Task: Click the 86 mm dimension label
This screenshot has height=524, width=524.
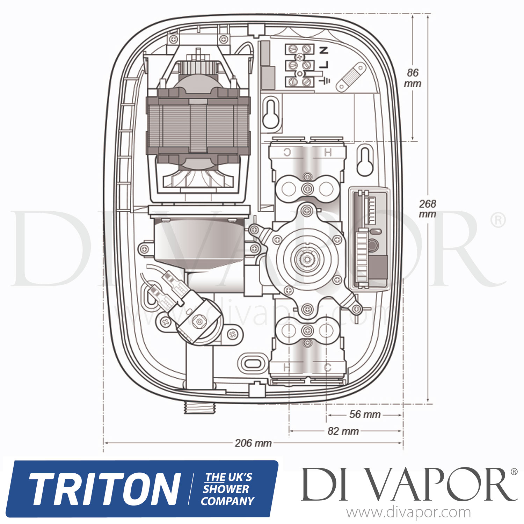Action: click(413, 78)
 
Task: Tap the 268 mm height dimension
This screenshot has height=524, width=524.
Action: click(428, 209)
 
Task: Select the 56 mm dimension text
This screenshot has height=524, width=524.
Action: click(365, 414)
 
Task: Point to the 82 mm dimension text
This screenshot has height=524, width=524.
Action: click(343, 431)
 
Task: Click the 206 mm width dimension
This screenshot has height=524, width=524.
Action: click(253, 443)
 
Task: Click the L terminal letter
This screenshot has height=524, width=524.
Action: click(325, 64)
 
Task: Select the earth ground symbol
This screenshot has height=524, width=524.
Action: click(326, 81)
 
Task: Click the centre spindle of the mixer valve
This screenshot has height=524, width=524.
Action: click(307, 259)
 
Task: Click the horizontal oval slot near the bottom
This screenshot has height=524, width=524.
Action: click(252, 363)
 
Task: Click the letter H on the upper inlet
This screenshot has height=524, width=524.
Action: click(327, 152)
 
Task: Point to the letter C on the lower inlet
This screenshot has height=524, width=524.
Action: click(327, 367)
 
